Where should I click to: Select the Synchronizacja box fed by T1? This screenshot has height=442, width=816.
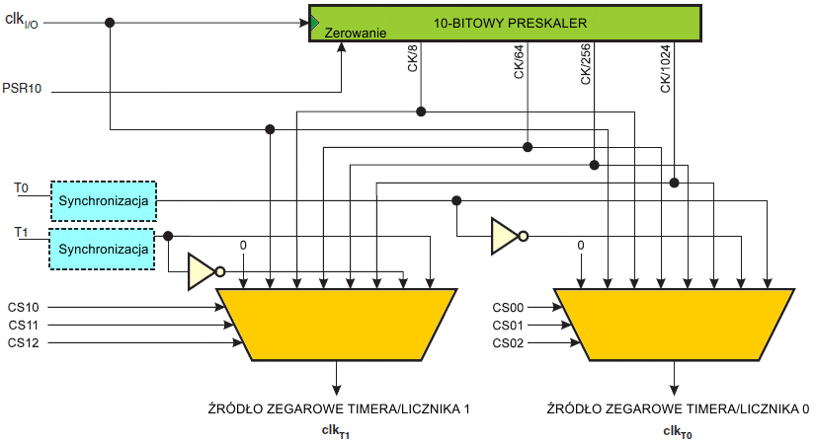click(103, 248)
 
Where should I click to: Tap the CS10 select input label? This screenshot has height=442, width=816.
click(25, 308)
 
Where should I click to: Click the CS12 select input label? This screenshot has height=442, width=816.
click(25, 342)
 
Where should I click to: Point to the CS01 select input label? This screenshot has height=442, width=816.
click(508, 325)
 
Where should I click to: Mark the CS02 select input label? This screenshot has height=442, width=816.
click(508, 342)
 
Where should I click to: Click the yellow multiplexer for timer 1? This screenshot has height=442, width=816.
click(336, 324)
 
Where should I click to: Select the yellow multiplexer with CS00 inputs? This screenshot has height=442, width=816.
click(675, 324)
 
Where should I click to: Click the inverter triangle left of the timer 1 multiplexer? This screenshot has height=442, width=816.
click(202, 271)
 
